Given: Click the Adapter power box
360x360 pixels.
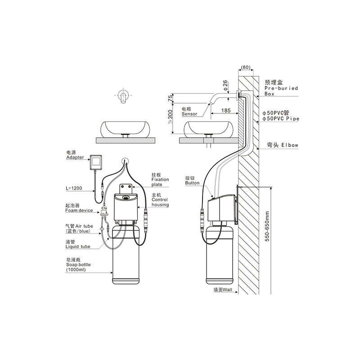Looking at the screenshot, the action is tap(96, 162).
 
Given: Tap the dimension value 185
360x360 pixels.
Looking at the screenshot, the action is tap(226, 110).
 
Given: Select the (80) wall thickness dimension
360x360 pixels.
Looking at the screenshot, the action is tap(246, 67).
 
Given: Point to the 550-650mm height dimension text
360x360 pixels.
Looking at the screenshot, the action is tap(267, 226).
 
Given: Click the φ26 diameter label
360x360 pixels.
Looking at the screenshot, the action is tap(225, 85).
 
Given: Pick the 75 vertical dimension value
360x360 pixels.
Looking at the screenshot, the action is tap(170, 98).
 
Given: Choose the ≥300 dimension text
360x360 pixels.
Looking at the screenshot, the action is tap(170, 117).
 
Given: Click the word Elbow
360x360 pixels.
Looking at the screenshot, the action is tap(290, 145).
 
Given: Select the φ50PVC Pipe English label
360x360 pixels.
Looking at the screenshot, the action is tap(281, 119).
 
